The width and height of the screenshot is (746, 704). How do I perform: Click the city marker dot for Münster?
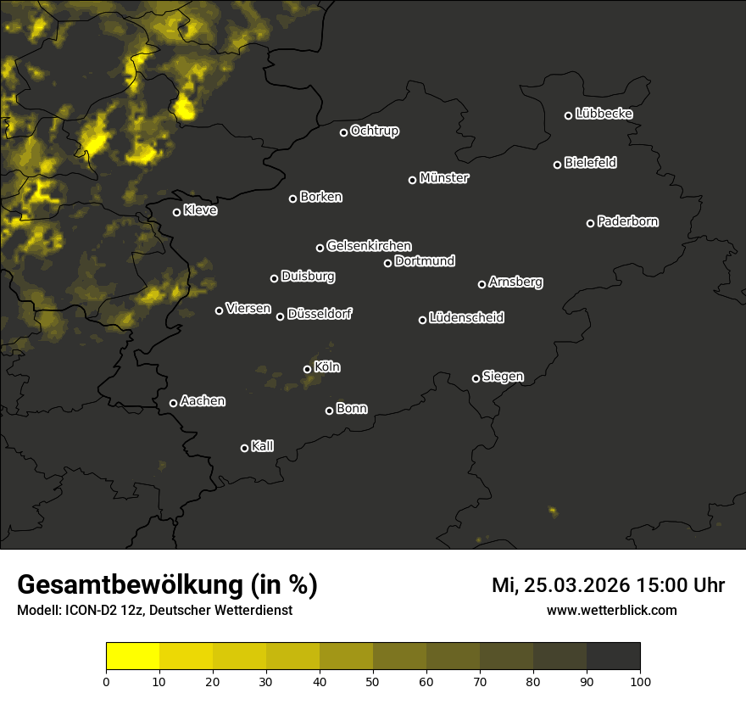point(413,180)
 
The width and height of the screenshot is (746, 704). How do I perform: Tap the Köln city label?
point(327,367)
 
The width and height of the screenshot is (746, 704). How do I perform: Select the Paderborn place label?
point(628,221)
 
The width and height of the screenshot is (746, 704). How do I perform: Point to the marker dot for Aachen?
point(174,403)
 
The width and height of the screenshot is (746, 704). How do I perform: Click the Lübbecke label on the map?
point(604,114)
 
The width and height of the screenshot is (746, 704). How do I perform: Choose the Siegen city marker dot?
point(476,378)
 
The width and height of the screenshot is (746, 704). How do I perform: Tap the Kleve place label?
point(200,210)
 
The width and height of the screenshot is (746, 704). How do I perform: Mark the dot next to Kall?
point(245,448)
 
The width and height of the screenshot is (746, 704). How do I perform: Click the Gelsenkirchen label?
point(369,246)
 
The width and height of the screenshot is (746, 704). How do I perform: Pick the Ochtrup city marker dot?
point(344,132)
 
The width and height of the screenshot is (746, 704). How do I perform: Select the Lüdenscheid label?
point(466,318)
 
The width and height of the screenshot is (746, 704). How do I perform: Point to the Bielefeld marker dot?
point(558,165)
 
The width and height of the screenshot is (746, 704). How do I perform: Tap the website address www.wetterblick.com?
point(611,610)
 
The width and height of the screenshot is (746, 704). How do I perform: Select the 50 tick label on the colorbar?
point(373,680)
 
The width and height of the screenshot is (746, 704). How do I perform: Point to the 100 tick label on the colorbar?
point(640,680)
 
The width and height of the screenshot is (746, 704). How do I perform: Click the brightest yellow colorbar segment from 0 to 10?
point(133,657)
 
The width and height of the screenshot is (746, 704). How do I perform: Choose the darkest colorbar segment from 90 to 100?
point(613,657)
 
